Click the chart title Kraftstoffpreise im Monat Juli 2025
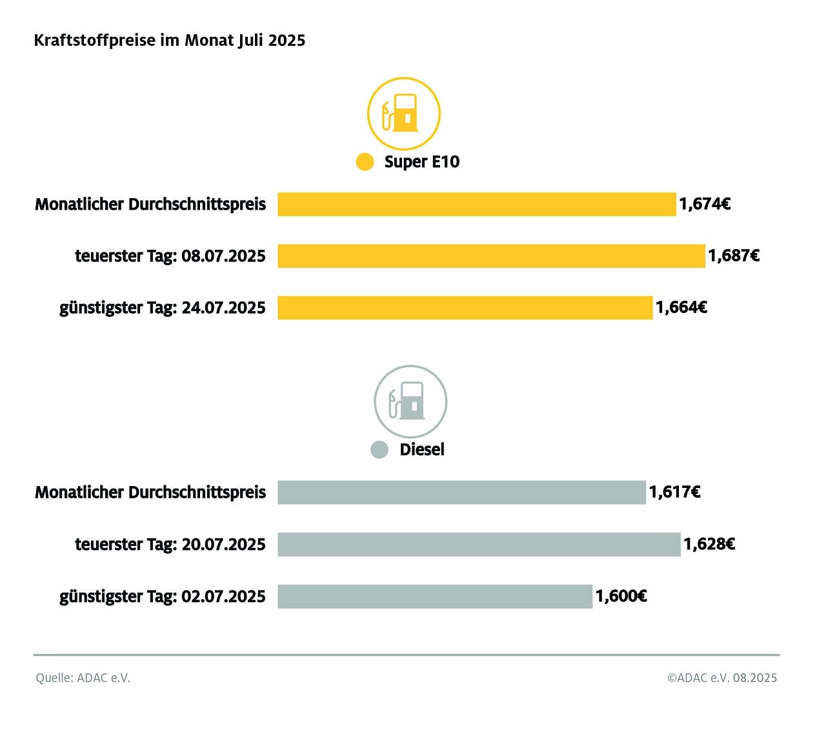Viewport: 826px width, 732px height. pyautogui.click(x=169, y=40)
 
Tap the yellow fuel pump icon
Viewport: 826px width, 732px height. pyautogui.click(x=404, y=114)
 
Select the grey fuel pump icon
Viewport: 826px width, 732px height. pyautogui.click(x=410, y=402)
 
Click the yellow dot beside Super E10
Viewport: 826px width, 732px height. pyautogui.click(x=365, y=162)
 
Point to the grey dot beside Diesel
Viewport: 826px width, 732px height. pyautogui.click(x=379, y=450)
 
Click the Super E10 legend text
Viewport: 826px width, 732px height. pyautogui.click(x=422, y=161)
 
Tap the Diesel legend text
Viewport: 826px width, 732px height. pyautogui.click(x=422, y=449)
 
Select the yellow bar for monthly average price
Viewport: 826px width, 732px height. pyautogui.click(x=477, y=204)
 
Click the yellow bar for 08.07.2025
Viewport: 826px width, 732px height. pyautogui.click(x=491, y=256)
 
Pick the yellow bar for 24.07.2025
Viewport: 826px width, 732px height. pyautogui.click(x=465, y=307)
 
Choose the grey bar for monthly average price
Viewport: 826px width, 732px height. pyautogui.click(x=461, y=492)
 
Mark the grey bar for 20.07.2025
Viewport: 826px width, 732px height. pyautogui.click(x=479, y=544)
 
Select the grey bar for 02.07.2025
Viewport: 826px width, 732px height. pyautogui.click(x=435, y=596)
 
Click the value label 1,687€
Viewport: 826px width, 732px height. pyautogui.click(x=734, y=256)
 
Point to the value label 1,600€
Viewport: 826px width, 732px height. pyautogui.click(x=621, y=596)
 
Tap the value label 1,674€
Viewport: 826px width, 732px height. pyautogui.click(x=705, y=204)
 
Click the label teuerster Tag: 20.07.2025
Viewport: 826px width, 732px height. pyautogui.click(x=170, y=544)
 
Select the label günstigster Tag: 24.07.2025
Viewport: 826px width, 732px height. pyautogui.click(x=163, y=307)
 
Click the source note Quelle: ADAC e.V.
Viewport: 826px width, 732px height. pyautogui.click(x=83, y=678)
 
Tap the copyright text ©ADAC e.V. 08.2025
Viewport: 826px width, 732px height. pyautogui.click(x=722, y=678)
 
